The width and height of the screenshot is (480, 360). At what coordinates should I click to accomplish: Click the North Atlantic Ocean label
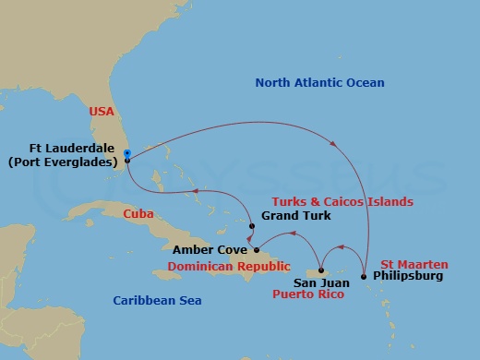[x=319, y=83]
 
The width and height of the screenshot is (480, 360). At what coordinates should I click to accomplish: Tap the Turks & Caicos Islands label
[x=342, y=200]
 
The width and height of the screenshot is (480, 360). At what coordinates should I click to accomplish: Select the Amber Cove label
[x=204, y=249]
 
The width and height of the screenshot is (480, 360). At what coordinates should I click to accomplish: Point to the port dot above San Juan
[x=319, y=270]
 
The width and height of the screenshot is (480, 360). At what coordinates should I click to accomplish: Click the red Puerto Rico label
[x=307, y=295]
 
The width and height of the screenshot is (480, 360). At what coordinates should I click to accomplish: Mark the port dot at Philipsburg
[x=364, y=276]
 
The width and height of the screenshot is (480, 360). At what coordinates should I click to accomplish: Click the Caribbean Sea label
[x=157, y=301]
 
